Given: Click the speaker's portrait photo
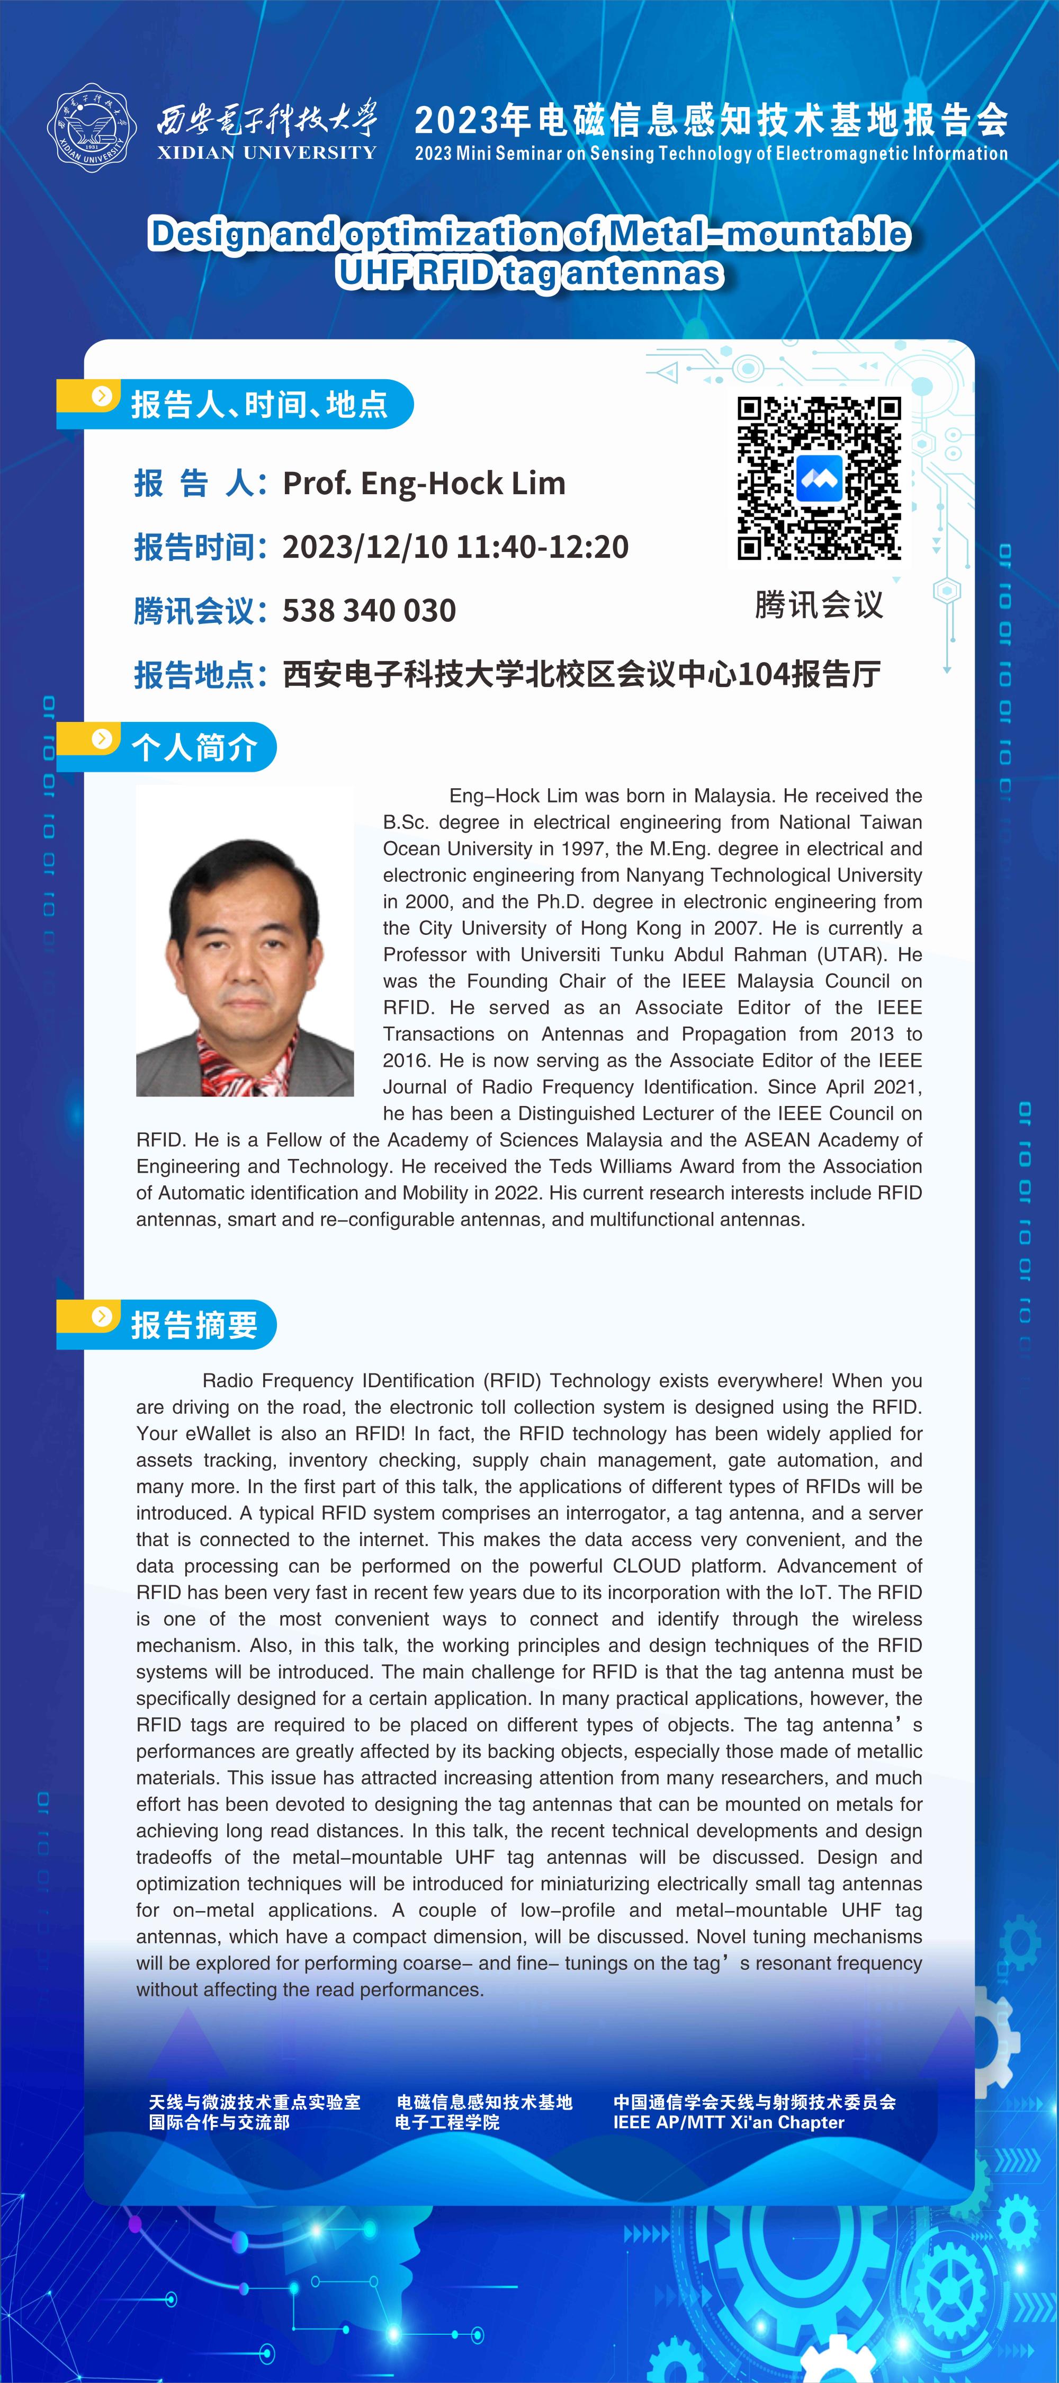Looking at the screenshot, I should click(245, 941).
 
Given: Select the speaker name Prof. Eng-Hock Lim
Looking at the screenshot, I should click(424, 483).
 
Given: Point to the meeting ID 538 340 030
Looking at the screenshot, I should click(369, 611).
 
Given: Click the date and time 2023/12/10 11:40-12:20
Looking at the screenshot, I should click(455, 547).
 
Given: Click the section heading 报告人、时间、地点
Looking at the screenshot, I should click(259, 404).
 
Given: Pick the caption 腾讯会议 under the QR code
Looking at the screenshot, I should click(819, 605).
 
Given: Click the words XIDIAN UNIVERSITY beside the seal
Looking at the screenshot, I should click(266, 153).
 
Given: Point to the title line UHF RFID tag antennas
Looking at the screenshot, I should click(529, 274).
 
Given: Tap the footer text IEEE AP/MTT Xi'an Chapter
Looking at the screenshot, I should click(729, 2123).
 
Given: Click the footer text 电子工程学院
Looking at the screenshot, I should click(447, 2123).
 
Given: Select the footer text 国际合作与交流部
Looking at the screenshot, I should click(219, 2123).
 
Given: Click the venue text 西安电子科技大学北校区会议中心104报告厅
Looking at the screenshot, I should click(581, 674).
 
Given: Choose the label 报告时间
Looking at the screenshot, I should click(194, 547).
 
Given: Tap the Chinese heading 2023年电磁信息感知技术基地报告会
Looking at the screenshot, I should click(710, 120).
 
